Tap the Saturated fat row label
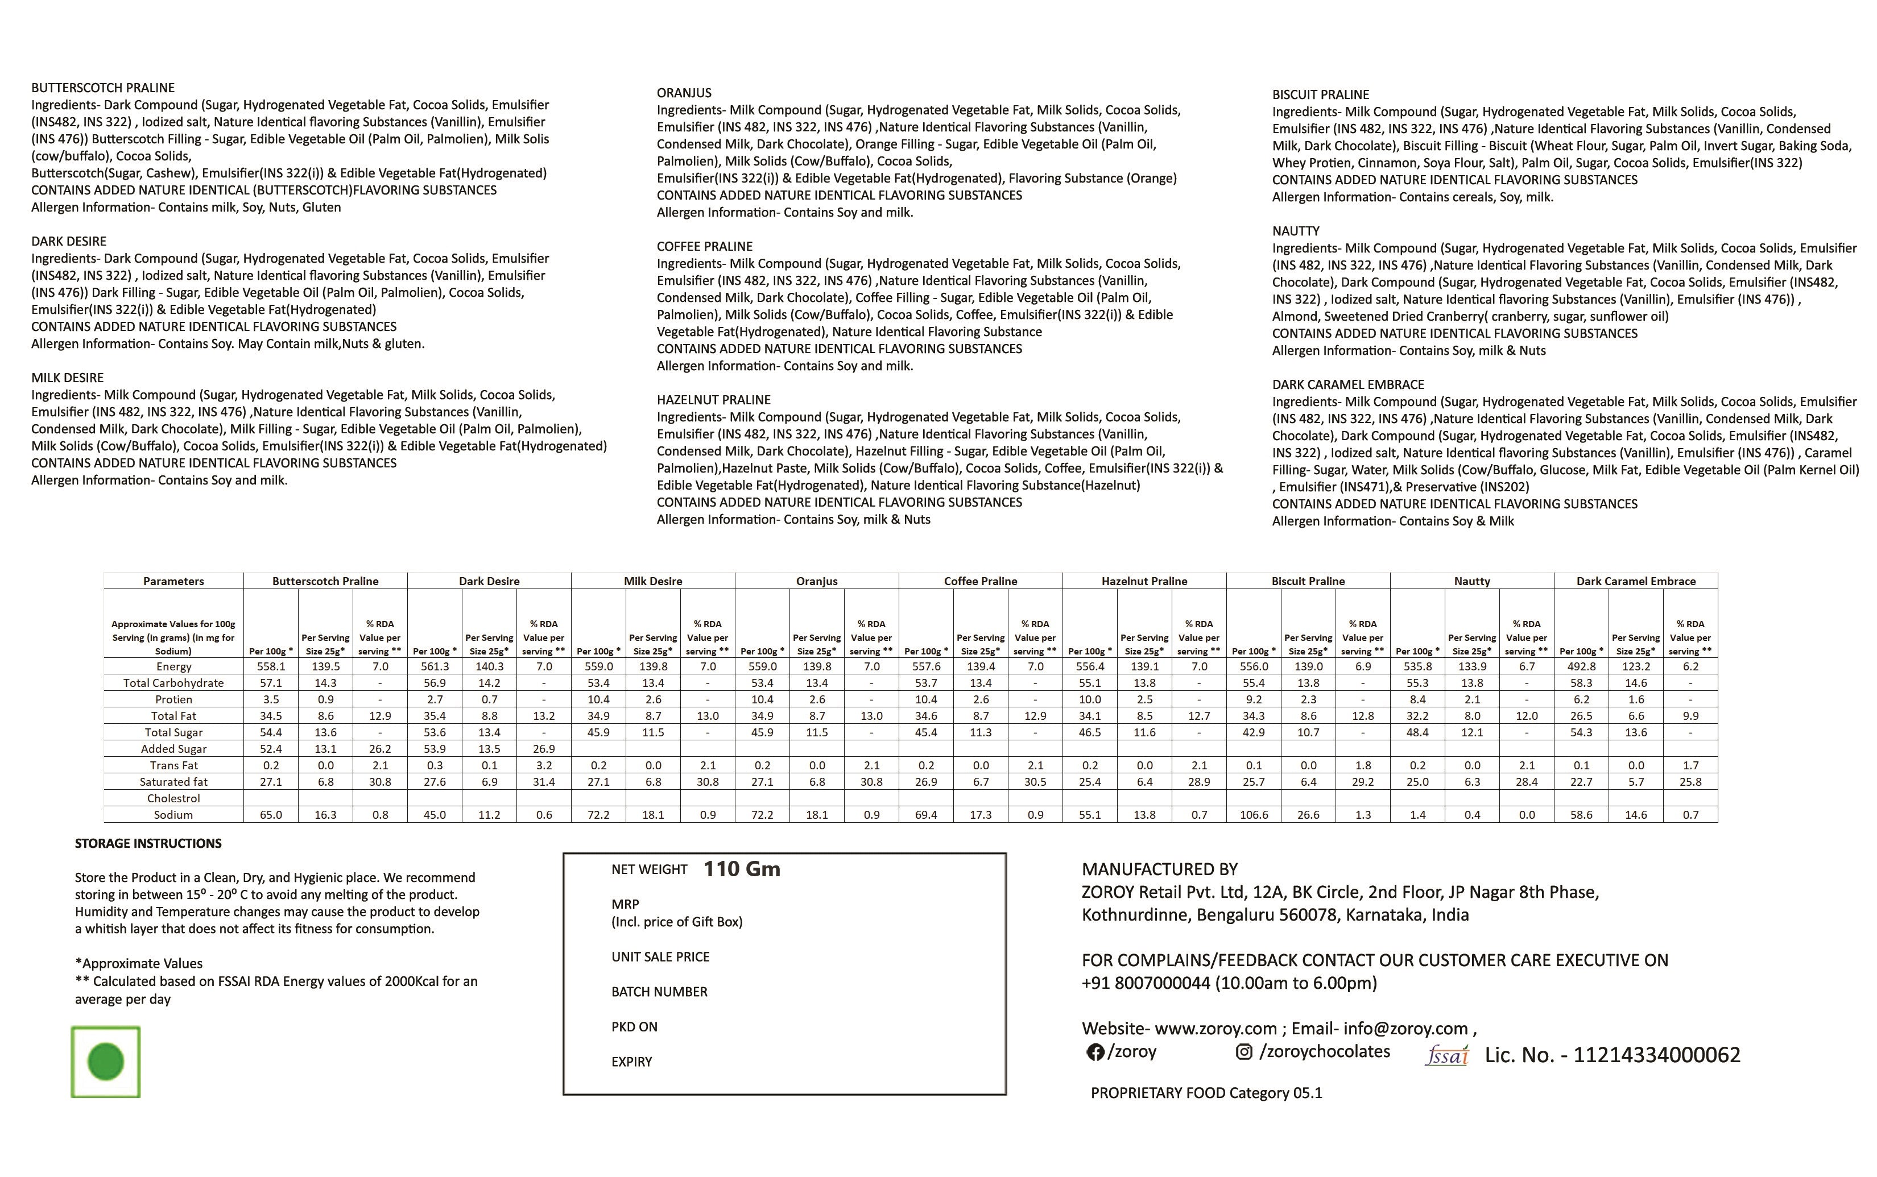[x=173, y=782]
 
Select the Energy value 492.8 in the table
[x=1581, y=667]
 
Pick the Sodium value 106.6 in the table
[x=1254, y=815]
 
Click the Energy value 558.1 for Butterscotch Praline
[x=271, y=667]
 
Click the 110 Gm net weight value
[x=741, y=869]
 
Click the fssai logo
[x=1446, y=1055]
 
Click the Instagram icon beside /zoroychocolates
[x=1244, y=1052]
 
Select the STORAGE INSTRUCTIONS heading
[x=148, y=844]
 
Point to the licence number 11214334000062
[x=1657, y=1055]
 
